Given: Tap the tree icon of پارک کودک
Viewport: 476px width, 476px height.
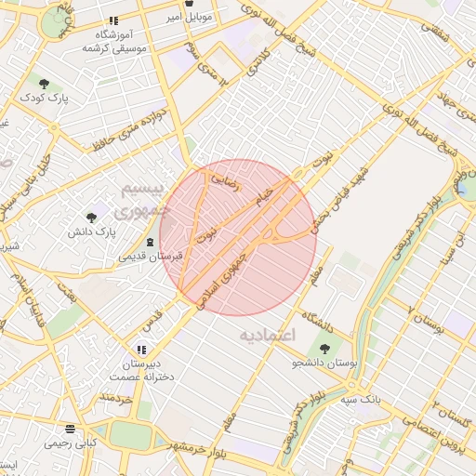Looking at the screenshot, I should pos(45,83).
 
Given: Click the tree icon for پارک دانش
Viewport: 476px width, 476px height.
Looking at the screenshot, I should pos(91,218).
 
